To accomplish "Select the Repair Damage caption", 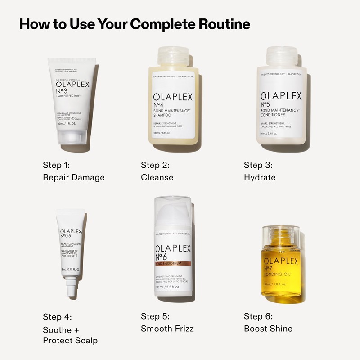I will coord(74,177).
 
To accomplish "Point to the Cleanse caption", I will coord(157,177).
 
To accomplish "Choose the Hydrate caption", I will coord(260,177).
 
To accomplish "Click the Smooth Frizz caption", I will coord(167,328).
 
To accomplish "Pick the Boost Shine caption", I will coord(268,328).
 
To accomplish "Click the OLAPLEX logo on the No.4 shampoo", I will coord(173,97).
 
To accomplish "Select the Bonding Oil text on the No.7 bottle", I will coord(279,274).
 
